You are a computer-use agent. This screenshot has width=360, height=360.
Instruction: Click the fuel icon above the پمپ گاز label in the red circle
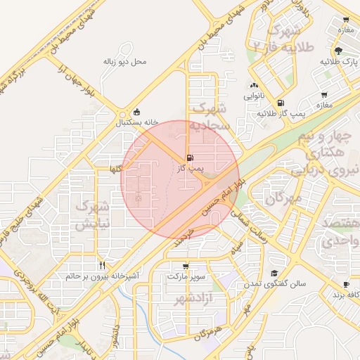pyautogui.click(x=189, y=157)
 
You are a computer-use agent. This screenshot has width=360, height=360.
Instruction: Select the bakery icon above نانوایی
pyautogui.click(x=254, y=85)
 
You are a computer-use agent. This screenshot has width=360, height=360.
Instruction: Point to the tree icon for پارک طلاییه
pyautogui.click(x=339, y=50)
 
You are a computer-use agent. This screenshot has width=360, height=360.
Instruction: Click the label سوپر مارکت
pyautogui.click(x=186, y=277)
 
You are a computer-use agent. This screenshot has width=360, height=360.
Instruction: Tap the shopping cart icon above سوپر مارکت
pyautogui.click(x=186, y=266)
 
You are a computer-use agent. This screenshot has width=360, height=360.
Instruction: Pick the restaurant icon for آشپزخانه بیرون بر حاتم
pyautogui.click(x=102, y=266)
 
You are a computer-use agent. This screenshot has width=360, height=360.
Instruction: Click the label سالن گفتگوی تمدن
pyautogui.click(x=274, y=284)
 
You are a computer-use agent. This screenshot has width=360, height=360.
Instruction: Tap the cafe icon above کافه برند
pyautogui.click(x=345, y=284)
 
